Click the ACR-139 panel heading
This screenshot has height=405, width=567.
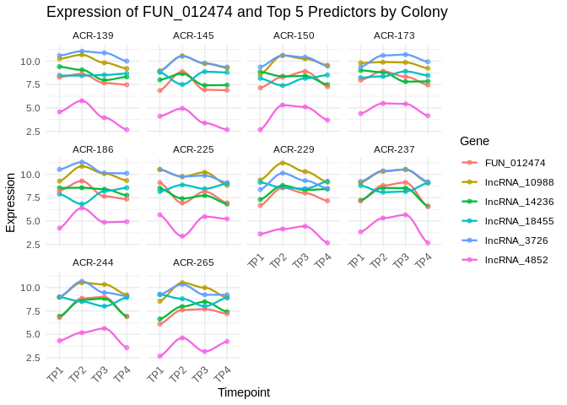tap(93, 35)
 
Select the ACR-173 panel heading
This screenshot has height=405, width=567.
tap(394, 35)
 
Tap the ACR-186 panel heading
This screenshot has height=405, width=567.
tap(93, 148)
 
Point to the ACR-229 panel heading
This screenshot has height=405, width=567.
tap(294, 148)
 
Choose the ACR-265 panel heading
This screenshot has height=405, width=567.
tap(193, 262)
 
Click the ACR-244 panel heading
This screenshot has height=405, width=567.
tap(93, 262)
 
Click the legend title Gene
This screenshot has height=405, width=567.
tap(475, 141)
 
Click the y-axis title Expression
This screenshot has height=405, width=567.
tap(10, 202)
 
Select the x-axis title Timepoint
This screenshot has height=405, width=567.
tap(244, 392)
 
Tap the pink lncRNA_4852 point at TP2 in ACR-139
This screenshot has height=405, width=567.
tap(82, 100)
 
